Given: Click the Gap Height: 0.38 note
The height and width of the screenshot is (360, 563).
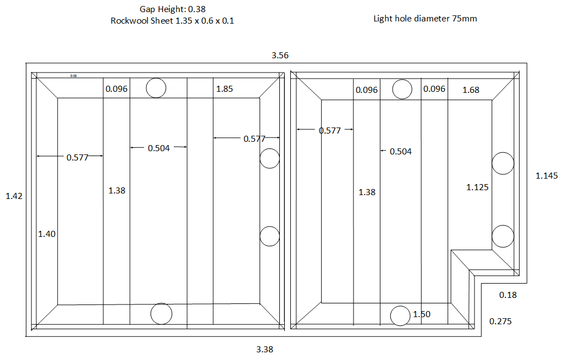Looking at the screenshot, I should click(x=173, y=9).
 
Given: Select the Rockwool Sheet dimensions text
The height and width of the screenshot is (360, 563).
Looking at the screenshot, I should click(x=173, y=21).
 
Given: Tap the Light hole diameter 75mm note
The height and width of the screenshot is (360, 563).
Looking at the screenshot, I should click(x=425, y=18).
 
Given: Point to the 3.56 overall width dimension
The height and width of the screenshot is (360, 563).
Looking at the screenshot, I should click(x=280, y=56).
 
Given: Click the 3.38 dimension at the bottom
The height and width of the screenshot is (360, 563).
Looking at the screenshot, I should click(x=264, y=349).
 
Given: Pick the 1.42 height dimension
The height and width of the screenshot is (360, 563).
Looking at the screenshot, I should click(x=14, y=196).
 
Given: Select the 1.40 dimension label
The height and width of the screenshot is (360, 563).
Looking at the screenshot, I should click(x=47, y=234).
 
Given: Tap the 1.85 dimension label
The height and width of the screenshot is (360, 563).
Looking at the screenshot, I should click(x=224, y=88).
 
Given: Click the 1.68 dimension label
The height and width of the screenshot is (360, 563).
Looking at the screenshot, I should click(x=471, y=90).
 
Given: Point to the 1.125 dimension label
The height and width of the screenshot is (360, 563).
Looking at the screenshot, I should click(x=477, y=187).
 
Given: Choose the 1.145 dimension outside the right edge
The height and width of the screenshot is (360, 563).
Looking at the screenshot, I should click(x=547, y=176).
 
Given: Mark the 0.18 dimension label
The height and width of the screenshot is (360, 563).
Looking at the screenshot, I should click(x=507, y=295).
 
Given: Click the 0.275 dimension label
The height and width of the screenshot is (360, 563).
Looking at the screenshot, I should click(x=500, y=321).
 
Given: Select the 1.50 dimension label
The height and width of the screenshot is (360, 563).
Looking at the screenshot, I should click(x=422, y=314).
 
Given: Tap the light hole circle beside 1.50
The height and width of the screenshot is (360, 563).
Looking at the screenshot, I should click(x=400, y=315).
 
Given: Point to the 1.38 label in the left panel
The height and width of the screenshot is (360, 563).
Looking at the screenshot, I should click(x=117, y=191).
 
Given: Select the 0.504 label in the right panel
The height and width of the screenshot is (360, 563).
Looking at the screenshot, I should click(x=400, y=152).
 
